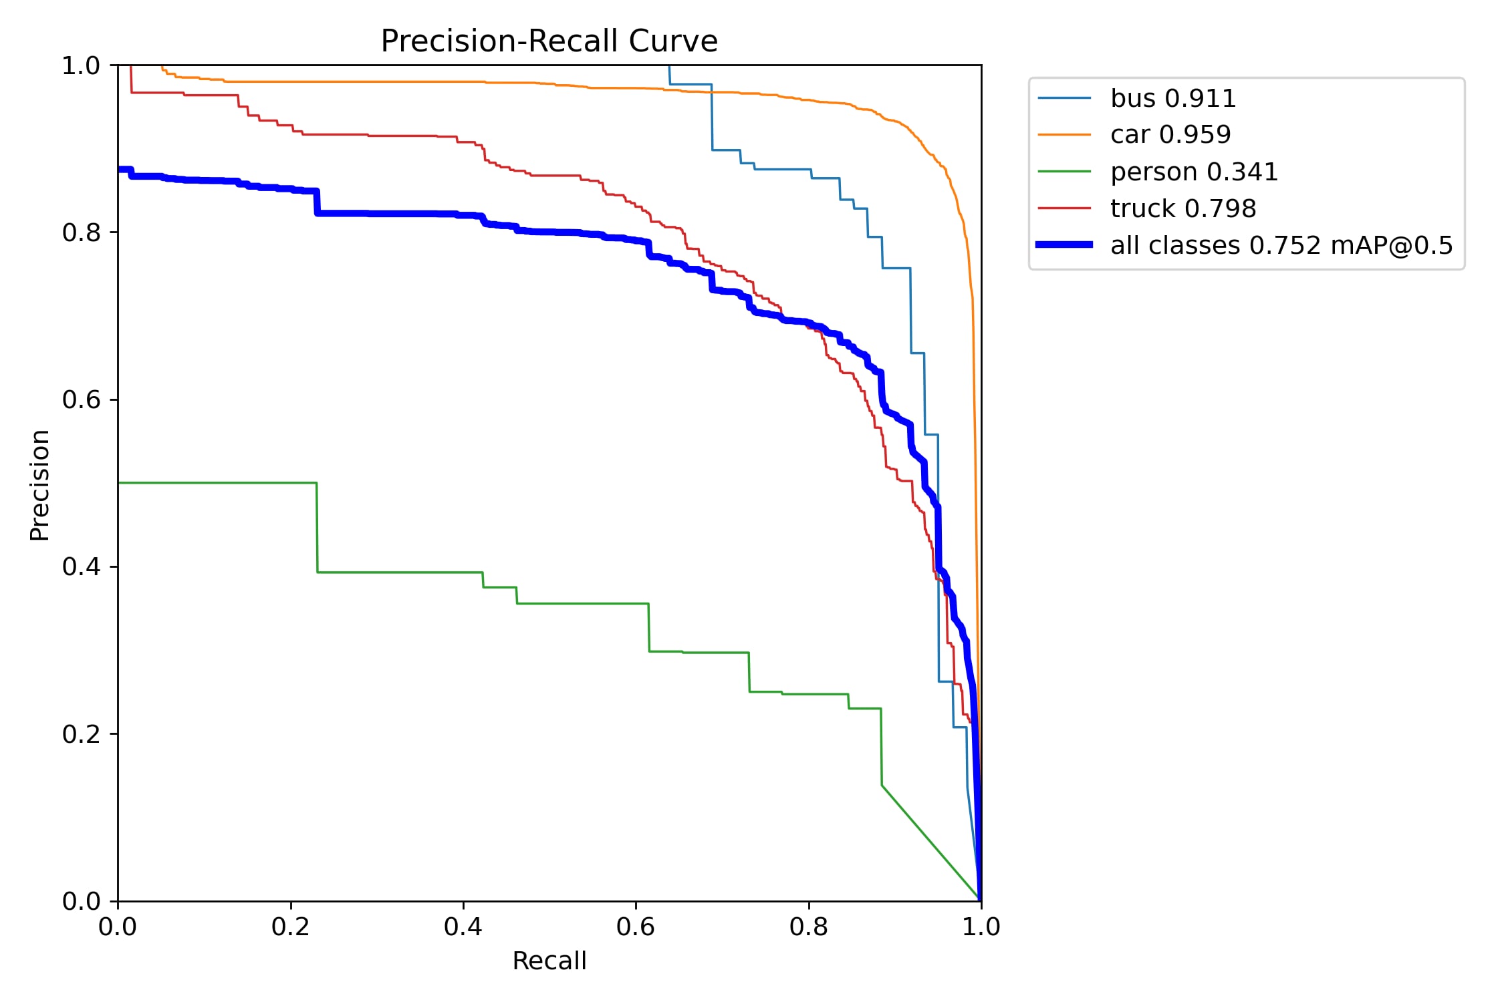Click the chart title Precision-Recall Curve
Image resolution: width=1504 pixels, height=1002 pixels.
coord(549,41)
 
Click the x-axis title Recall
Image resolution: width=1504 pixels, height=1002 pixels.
coord(549,961)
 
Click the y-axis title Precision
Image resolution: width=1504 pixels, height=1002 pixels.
coord(40,484)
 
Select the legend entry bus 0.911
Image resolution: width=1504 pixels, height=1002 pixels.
coord(1172,98)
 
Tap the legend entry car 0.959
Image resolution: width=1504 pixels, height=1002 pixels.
coord(1170,134)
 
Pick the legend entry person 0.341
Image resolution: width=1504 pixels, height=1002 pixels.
coord(1194,172)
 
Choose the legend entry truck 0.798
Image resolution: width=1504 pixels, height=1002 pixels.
coord(1182,208)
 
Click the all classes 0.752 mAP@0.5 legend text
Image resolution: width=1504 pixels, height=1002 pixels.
coord(1281,245)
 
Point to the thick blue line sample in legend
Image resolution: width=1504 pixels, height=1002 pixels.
coord(1064,245)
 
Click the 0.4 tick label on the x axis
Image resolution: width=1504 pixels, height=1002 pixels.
coord(463,927)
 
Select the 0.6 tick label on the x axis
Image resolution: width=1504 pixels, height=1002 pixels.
coord(635,927)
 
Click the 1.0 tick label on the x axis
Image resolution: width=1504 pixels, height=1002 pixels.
coord(981,927)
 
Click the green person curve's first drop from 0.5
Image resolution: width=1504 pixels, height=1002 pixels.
coord(317,528)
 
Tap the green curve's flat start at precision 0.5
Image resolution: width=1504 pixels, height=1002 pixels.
coord(214,482)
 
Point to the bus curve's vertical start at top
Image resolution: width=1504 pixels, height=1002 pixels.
coord(669,74)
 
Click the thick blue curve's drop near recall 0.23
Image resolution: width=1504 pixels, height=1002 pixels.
coord(317,202)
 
